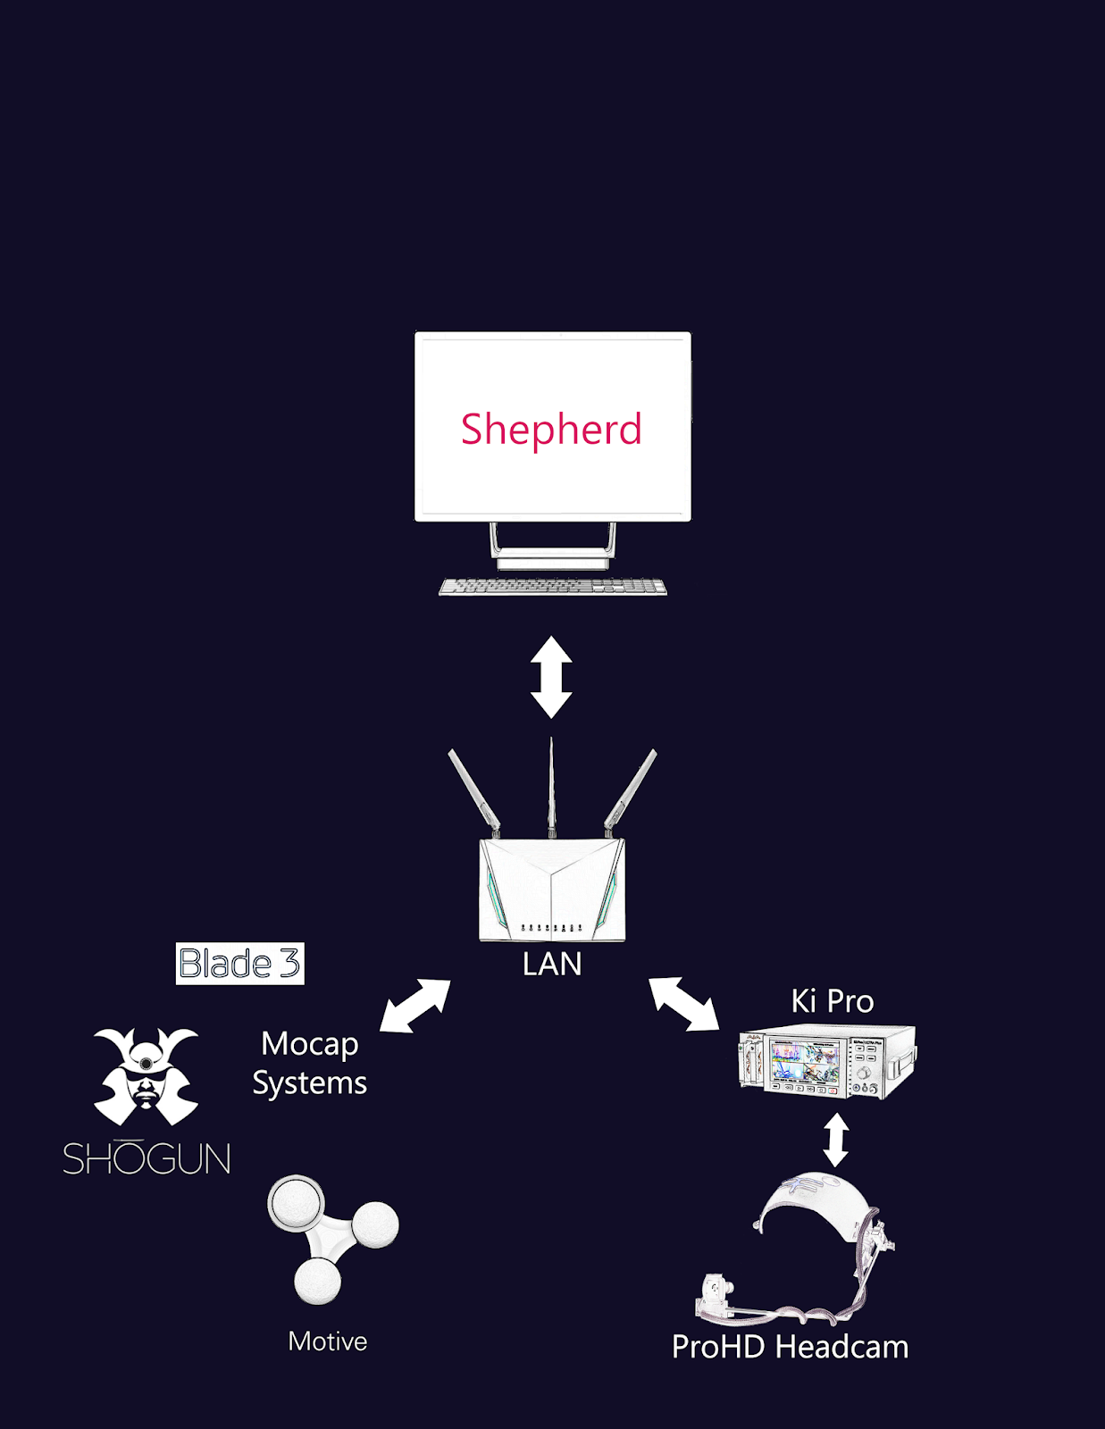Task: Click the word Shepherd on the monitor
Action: point(551,430)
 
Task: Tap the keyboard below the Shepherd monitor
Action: point(553,587)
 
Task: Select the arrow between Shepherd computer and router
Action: point(551,677)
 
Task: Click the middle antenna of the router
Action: point(551,786)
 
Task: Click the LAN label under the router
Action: point(552,965)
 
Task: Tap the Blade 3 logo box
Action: point(239,964)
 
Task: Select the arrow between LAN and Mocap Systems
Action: point(414,1007)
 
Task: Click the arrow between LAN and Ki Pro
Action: point(683,1004)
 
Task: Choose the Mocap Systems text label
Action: point(310,1063)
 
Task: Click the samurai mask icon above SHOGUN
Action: point(146,1076)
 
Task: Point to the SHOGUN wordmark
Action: point(146,1159)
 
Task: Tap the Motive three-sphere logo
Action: point(331,1236)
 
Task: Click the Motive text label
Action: point(327,1341)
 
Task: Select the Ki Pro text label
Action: point(832,1001)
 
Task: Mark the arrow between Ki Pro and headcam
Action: point(835,1140)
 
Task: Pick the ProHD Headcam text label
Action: point(790,1347)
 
